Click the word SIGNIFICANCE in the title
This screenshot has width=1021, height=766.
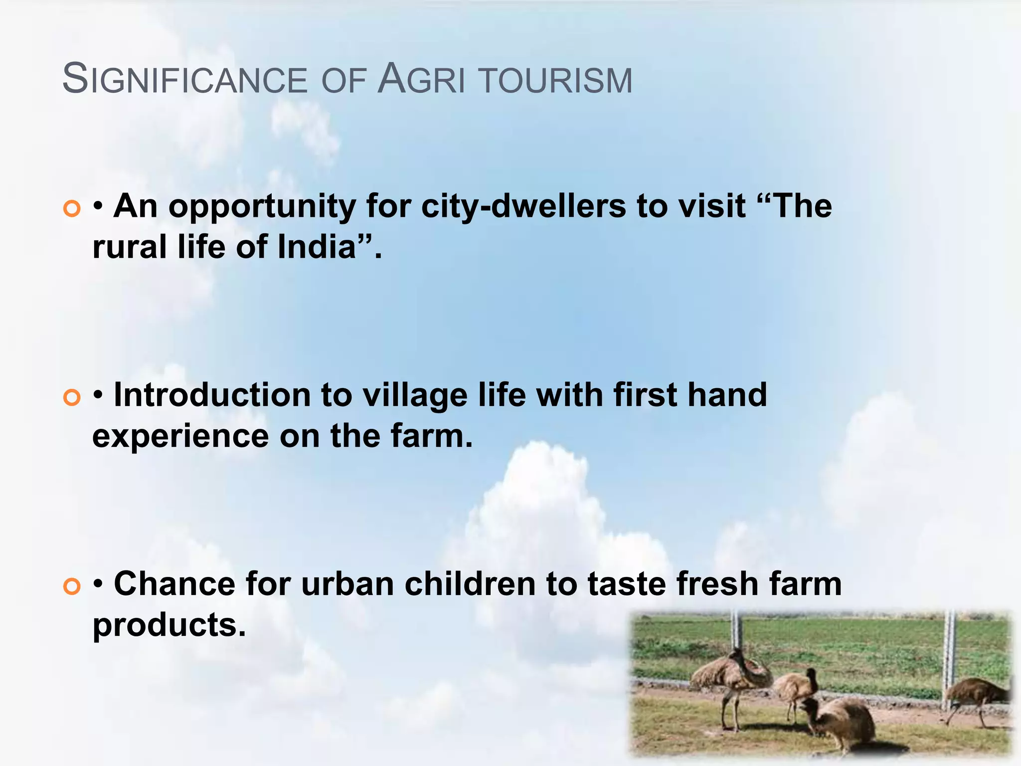185,79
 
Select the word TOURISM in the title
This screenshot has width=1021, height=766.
555,80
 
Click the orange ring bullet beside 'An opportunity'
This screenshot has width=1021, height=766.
72,208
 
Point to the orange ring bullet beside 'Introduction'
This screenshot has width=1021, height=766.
72,397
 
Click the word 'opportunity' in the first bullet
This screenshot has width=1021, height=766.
262,206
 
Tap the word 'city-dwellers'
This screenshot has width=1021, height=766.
523,206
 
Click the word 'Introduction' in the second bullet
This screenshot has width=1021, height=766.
212,395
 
